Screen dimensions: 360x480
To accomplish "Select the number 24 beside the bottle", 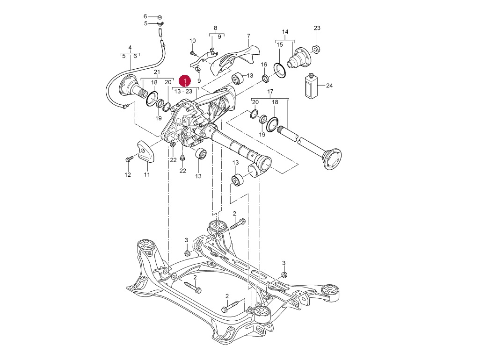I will click(329, 86).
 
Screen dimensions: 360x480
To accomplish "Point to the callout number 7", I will click(248, 36).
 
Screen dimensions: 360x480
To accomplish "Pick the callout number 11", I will click(146, 175).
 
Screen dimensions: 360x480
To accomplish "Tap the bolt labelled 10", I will click(193, 53).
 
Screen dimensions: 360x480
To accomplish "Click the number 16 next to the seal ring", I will click(264, 65).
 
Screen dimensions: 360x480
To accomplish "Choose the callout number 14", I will click(285, 32).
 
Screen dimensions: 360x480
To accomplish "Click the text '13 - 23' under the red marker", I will click(183, 91).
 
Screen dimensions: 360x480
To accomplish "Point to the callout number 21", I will click(157, 72).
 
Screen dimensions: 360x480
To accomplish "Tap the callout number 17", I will click(270, 92).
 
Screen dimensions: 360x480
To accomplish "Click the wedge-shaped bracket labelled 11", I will click(145, 152).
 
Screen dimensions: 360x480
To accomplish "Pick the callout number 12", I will click(128, 175).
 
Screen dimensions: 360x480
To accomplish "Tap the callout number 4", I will click(130, 47).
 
